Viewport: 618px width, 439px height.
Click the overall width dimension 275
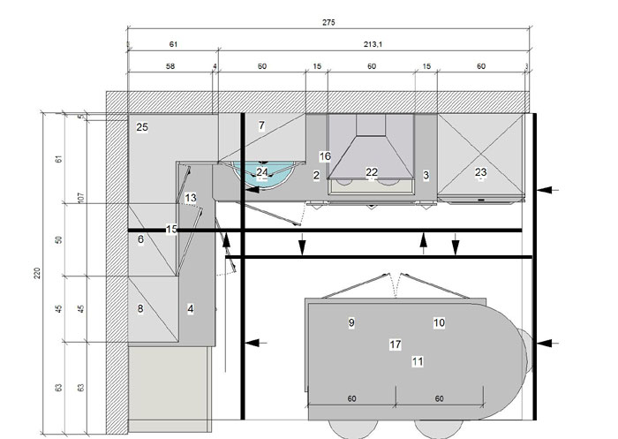coord(328,22)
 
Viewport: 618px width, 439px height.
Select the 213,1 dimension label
coord(373,44)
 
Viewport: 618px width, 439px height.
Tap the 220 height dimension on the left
coord(37,273)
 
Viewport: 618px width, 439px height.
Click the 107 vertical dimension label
coord(81,198)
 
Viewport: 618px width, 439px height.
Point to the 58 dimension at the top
coord(170,66)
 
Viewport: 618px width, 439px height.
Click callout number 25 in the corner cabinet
coord(142,127)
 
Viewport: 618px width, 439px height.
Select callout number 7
coord(261,125)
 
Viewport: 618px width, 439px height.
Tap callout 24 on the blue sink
coord(262,172)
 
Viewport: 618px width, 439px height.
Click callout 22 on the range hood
coord(372,172)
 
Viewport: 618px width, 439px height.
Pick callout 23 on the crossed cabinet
coord(481,172)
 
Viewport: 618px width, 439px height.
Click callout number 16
coord(325,156)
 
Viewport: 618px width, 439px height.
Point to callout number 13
coord(191,198)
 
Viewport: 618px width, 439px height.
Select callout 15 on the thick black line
coord(171,229)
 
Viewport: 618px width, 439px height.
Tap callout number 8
coord(140,308)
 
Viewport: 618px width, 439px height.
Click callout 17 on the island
coord(396,344)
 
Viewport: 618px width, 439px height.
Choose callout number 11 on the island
coord(418,361)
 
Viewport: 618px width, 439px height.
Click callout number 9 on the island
coord(351,323)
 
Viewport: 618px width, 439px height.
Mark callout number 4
coord(191,308)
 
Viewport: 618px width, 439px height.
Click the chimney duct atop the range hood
coord(371,125)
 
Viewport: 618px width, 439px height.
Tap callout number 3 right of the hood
coord(426,175)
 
